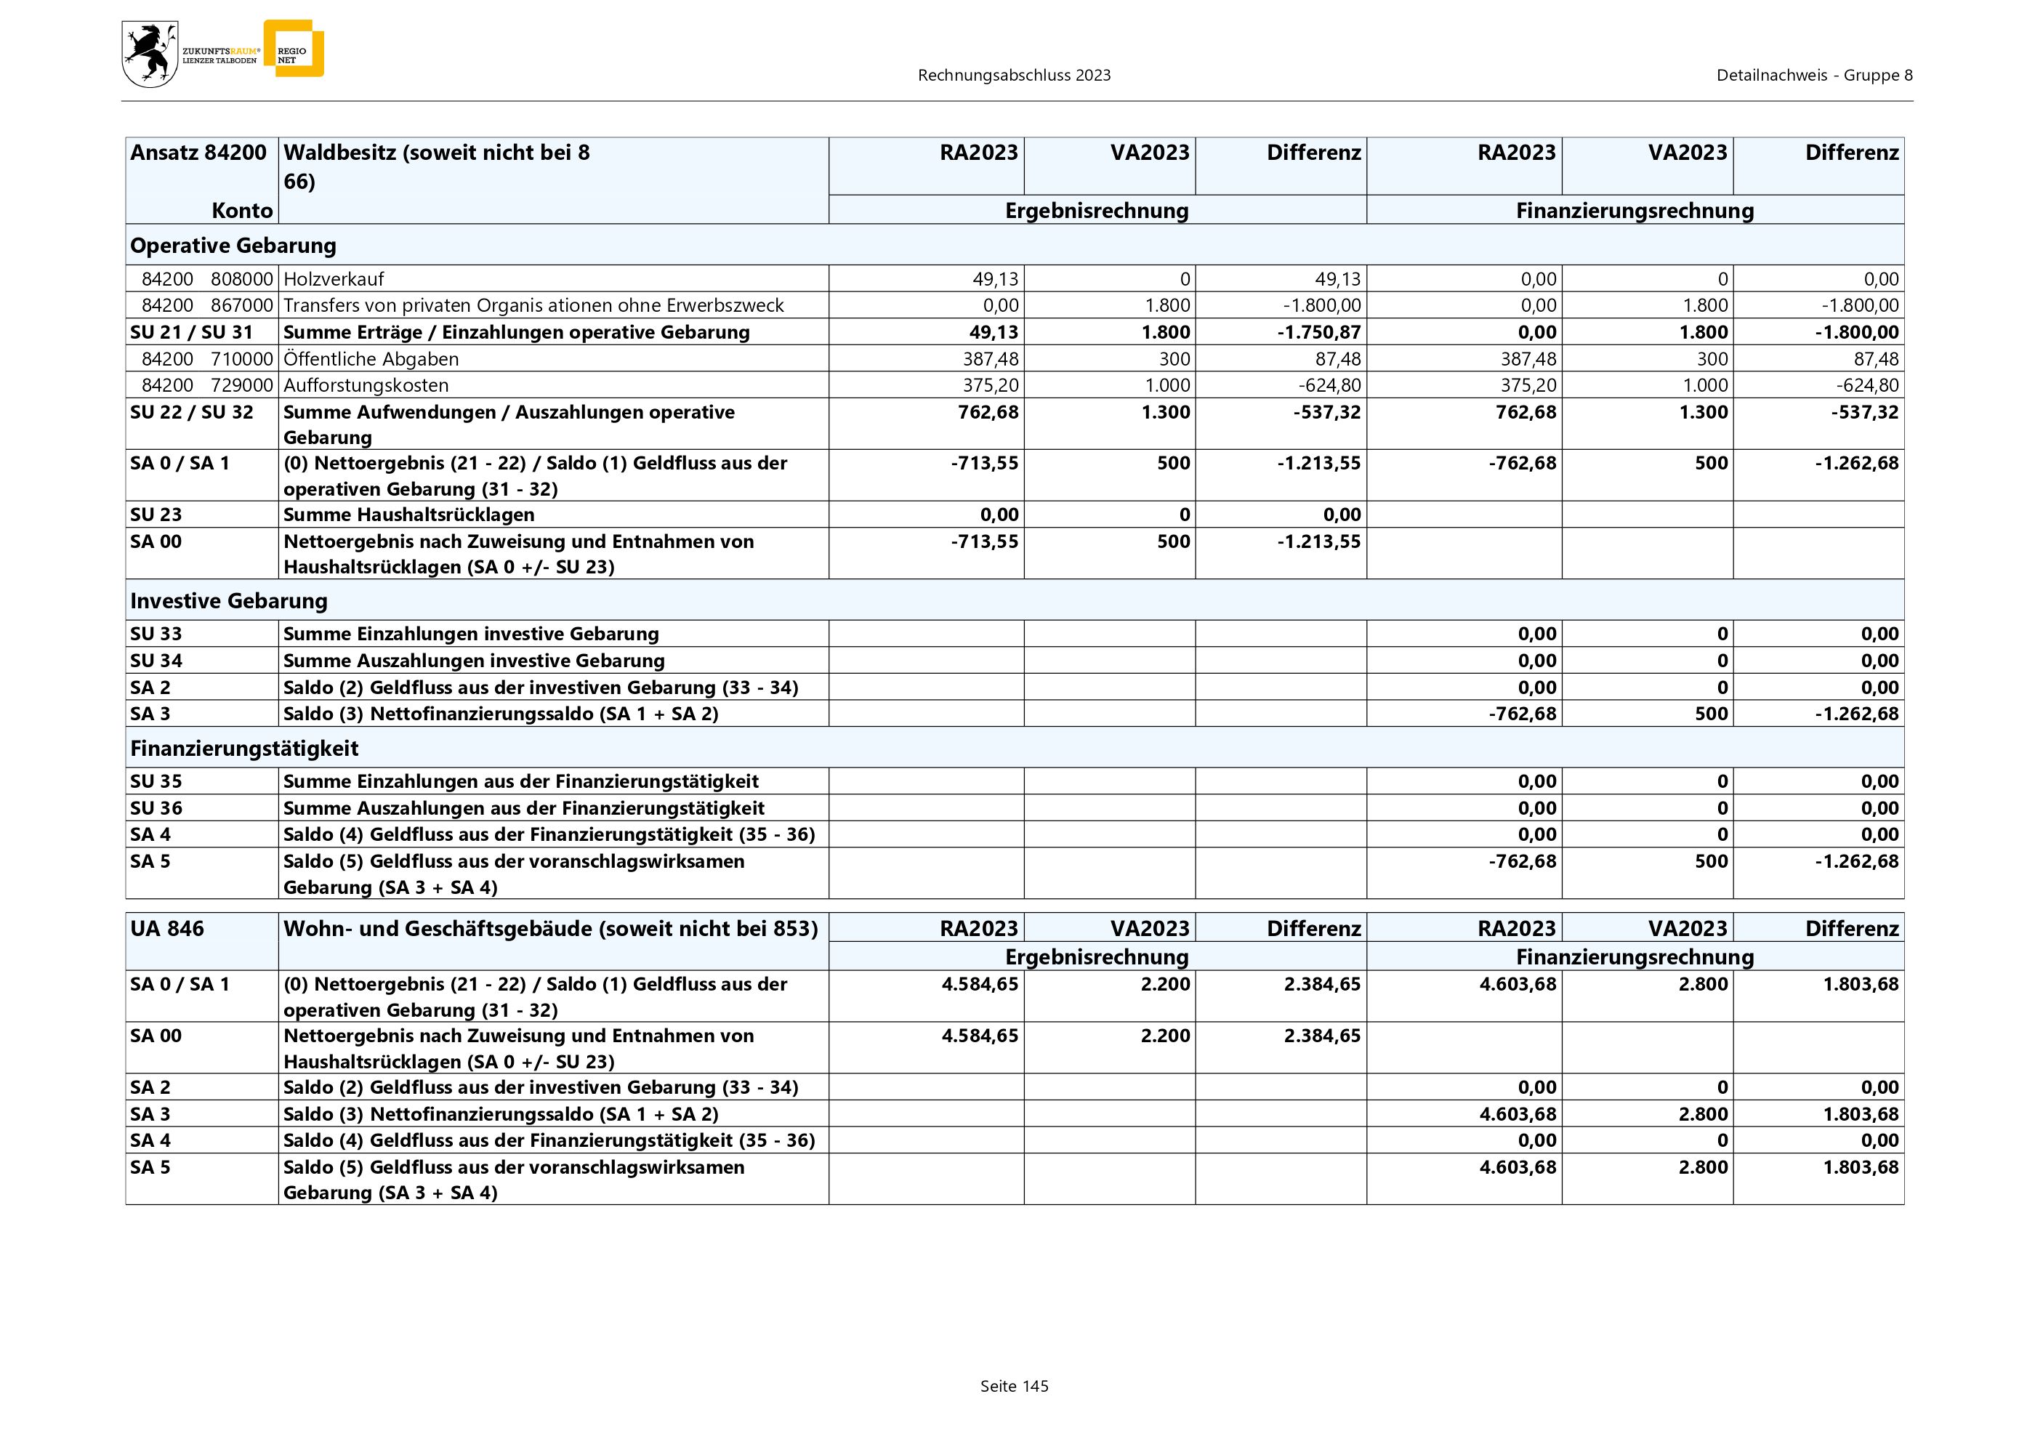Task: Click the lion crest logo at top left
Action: pyautogui.click(x=150, y=54)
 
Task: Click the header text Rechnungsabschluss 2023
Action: pyautogui.click(x=1014, y=76)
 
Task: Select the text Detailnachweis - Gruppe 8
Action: pyautogui.click(x=1813, y=76)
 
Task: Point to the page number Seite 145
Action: pyautogui.click(x=1014, y=1386)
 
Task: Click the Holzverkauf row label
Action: pyautogui.click(x=334, y=279)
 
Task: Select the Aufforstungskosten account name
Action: pyautogui.click(x=366, y=385)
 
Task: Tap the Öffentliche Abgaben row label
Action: pyautogui.click(x=371, y=359)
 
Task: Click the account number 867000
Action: pyautogui.click(x=242, y=306)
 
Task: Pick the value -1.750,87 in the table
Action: pyautogui.click(x=1320, y=332)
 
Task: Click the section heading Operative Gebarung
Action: pyautogui.click(x=233, y=246)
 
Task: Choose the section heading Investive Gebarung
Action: pyautogui.click(x=229, y=601)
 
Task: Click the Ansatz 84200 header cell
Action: pyautogui.click(x=198, y=153)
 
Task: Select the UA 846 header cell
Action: pyautogui.click(x=166, y=929)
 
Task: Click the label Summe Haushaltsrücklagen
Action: pyautogui.click(x=408, y=515)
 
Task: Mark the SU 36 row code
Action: pyautogui.click(x=156, y=808)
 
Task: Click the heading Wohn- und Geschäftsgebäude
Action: pyautogui.click(x=549, y=929)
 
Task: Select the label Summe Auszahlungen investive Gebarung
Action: pyautogui.click(x=473, y=661)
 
